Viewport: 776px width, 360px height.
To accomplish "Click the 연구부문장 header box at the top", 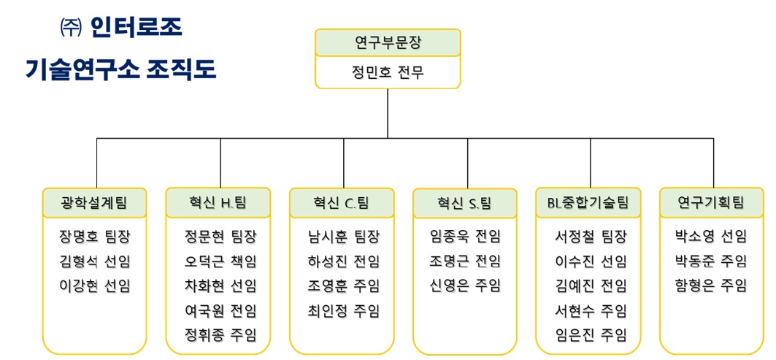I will click(388, 43).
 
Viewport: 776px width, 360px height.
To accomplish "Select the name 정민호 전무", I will click(388, 72).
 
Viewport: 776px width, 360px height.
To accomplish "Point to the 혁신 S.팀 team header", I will click(465, 203).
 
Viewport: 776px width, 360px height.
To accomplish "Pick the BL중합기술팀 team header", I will click(588, 202).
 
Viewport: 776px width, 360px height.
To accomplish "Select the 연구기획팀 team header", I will click(711, 202).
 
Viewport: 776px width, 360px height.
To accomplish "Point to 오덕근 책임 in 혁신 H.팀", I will click(220, 261).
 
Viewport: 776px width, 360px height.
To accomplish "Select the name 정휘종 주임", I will click(220, 335).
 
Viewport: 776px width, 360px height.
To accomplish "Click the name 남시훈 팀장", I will click(344, 237).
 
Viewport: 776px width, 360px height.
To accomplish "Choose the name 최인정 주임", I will click(344, 310).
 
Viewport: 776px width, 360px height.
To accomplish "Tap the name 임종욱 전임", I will click(466, 237).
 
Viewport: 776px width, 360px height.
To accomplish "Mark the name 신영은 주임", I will click(466, 286).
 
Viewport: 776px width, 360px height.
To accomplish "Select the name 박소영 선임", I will click(711, 237).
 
